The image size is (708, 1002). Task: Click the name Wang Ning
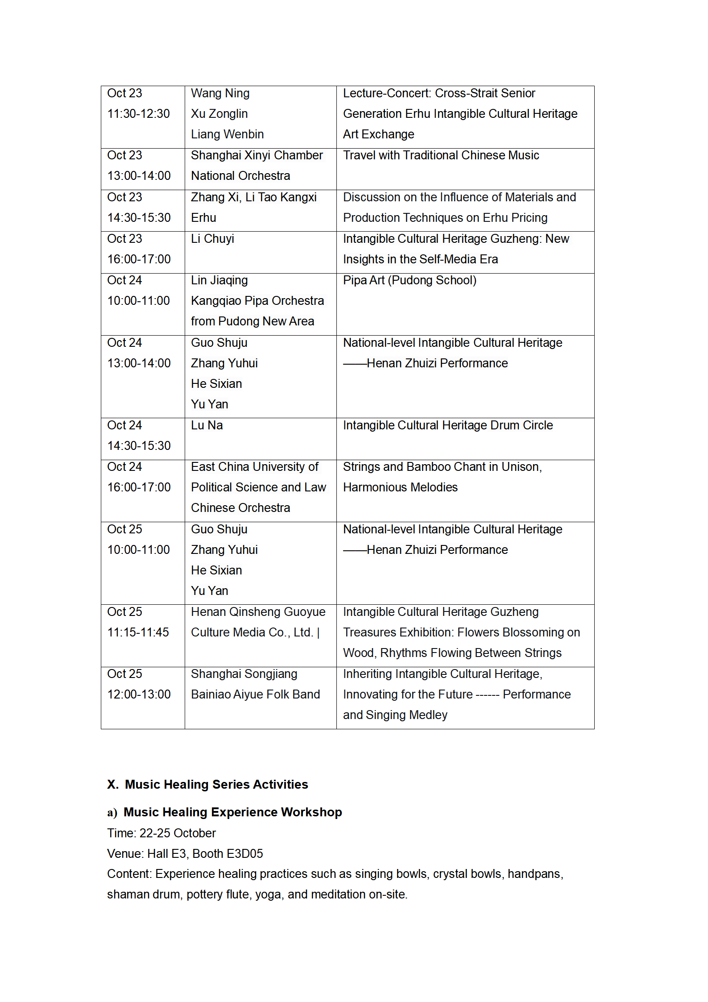pyautogui.click(x=220, y=93)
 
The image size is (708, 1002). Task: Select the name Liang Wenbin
pyautogui.click(x=227, y=134)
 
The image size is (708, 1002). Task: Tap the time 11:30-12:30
pyautogui.click(x=138, y=114)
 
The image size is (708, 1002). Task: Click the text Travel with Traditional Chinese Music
pyautogui.click(x=441, y=155)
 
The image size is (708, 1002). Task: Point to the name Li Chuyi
pyautogui.click(x=212, y=239)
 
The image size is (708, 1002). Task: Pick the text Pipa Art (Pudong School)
pyautogui.click(x=410, y=280)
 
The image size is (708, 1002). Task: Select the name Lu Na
pyautogui.click(x=207, y=425)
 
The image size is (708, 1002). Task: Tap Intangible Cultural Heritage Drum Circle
pyautogui.click(x=447, y=425)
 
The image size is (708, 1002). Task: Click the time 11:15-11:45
pyautogui.click(x=138, y=632)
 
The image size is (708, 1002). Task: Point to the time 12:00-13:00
pyautogui.click(x=139, y=694)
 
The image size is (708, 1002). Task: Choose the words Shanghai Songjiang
pyautogui.click(x=244, y=674)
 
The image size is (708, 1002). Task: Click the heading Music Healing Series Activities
pyautogui.click(x=216, y=785)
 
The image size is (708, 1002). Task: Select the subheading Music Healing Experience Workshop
pyautogui.click(x=232, y=812)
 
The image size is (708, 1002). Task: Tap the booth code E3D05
pyautogui.click(x=244, y=854)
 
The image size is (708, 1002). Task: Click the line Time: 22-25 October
pyautogui.click(x=161, y=833)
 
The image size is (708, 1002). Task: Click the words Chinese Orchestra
pyautogui.click(x=240, y=508)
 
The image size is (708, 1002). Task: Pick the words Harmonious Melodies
pyautogui.click(x=400, y=487)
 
